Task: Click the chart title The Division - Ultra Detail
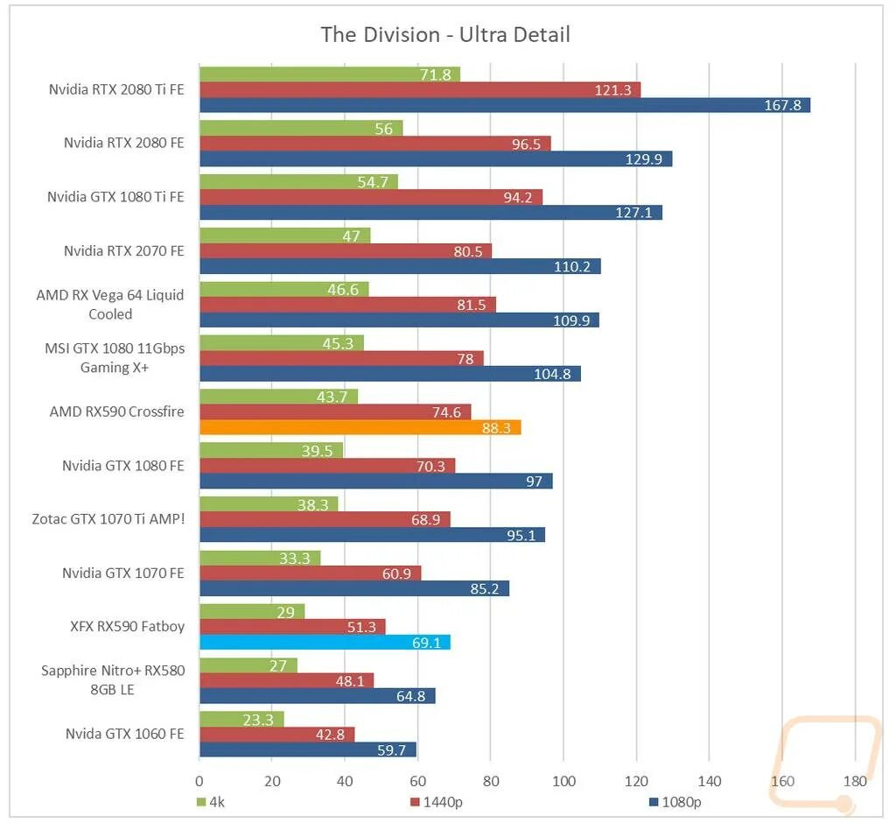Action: (x=445, y=35)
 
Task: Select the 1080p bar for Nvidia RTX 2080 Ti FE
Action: (x=505, y=105)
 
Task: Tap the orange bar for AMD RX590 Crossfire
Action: (x=360, y=427)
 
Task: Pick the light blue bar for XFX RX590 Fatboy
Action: (x=325, y=643)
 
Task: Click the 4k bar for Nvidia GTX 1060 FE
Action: (x=241, y=719)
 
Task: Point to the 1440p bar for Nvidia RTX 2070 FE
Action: (x=346, y=250)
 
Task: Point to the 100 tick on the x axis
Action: (x=564, y=781)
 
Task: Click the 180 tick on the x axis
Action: (x=855, y=781)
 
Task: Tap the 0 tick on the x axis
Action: (x=199, y=781)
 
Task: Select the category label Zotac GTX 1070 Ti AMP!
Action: (x=108, y=519)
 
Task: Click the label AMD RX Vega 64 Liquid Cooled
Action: (x=110, y=304)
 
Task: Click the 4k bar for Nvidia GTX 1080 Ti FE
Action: (x=298, y=181)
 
